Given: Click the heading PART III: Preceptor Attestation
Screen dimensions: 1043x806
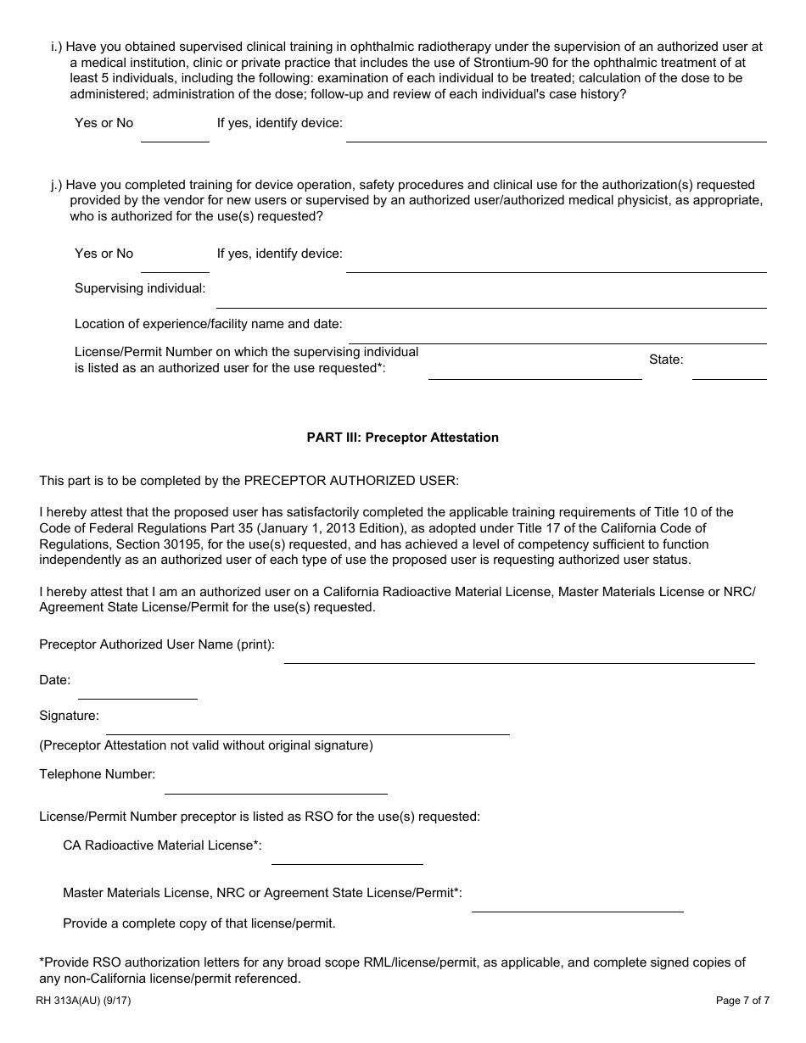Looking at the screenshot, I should (x=402, y=438).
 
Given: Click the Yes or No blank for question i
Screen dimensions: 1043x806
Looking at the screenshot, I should (x=175, y=134).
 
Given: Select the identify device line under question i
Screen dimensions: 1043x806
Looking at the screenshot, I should (x=556, y=134).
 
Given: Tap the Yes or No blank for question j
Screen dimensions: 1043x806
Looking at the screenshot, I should (x=175, y=265).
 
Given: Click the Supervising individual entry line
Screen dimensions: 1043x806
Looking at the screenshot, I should (x=491, y=299).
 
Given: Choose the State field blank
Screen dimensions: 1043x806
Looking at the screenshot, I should (x=729, y=371).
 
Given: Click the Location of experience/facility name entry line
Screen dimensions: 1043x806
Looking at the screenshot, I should (x=557, y=335).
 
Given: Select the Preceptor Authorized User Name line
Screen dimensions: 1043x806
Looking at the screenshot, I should (x=518, y=655).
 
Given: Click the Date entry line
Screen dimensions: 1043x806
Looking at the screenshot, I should (x=137, y=690).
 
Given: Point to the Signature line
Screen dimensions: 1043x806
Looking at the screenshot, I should (x=307, y=726).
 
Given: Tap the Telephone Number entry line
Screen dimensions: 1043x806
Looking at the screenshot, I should (x=276, y=785).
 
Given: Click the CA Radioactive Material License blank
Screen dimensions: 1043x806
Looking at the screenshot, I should (x=347, y=856).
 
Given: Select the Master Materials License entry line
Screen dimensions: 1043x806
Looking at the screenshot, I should (x=577, y=903).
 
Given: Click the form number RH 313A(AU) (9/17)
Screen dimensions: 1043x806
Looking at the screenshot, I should (x=83, y=1001).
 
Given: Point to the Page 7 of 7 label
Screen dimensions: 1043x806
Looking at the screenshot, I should (x=742, y=1001).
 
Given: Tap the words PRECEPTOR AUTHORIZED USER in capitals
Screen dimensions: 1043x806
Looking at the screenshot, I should (x=351, y=480).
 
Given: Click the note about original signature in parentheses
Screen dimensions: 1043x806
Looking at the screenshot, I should (x=206, y=745).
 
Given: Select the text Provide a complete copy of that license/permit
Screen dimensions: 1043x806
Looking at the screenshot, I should (x=199, y=923).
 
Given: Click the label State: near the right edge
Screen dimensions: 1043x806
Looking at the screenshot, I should (x=666, y=360).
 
